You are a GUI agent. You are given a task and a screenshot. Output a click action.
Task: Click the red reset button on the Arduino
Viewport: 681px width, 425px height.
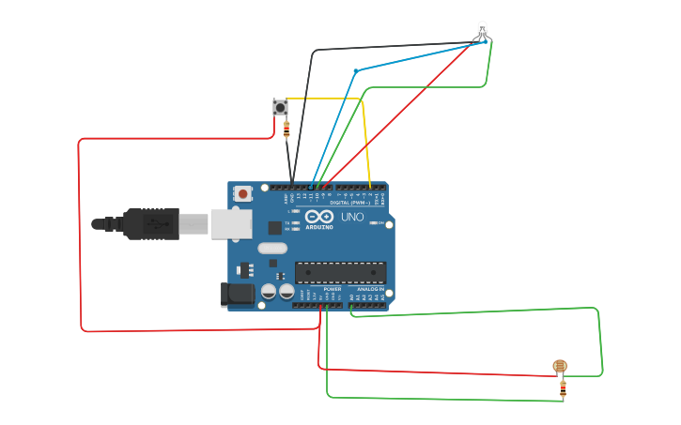tap(243, 194)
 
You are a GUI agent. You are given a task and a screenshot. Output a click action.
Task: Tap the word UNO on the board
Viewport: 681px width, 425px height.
tap(352, 218)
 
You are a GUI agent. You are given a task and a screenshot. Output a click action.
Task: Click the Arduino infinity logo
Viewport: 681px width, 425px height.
tap(318, 219)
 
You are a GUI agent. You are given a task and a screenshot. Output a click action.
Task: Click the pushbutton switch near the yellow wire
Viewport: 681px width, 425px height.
tap(280, 107)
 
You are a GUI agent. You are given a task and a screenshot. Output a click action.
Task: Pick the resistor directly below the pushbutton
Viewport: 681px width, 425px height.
tap(286, 131)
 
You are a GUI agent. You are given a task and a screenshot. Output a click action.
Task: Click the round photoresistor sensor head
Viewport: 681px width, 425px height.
tap(560, 366)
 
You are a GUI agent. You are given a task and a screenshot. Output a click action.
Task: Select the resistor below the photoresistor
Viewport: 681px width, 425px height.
tap(563, 387)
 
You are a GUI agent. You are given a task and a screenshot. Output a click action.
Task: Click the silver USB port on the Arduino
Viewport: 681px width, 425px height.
tap(231, 223)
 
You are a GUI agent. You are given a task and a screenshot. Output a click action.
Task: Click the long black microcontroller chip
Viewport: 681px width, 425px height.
tap(340, 273)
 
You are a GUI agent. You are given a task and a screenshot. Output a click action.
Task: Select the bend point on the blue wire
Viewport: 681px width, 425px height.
tap(355, 71)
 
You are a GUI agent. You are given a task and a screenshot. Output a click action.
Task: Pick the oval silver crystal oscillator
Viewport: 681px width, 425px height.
tap(271, 249)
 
